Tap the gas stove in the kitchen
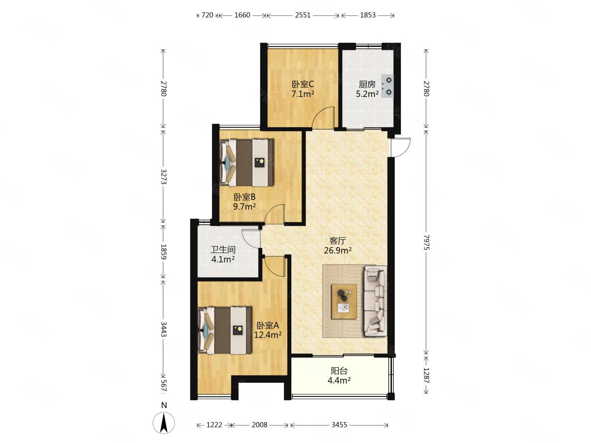(387, 86)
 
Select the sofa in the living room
(375, 301)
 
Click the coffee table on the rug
(344, 301)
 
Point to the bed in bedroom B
(246, 163)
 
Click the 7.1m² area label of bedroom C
(303, 94)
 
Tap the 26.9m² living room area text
(338, 251)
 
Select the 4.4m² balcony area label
(339, 381)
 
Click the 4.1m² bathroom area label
(223, 260)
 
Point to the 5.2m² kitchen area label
(367, 94)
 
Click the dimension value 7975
(426, 243)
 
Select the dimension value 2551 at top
(303, 15)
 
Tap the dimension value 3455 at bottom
(339, 425)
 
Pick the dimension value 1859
(164, 252)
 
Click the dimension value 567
(164, 386)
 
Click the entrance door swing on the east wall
(401, 147)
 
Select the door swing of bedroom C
(323, 117)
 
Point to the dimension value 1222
(214, 425)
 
